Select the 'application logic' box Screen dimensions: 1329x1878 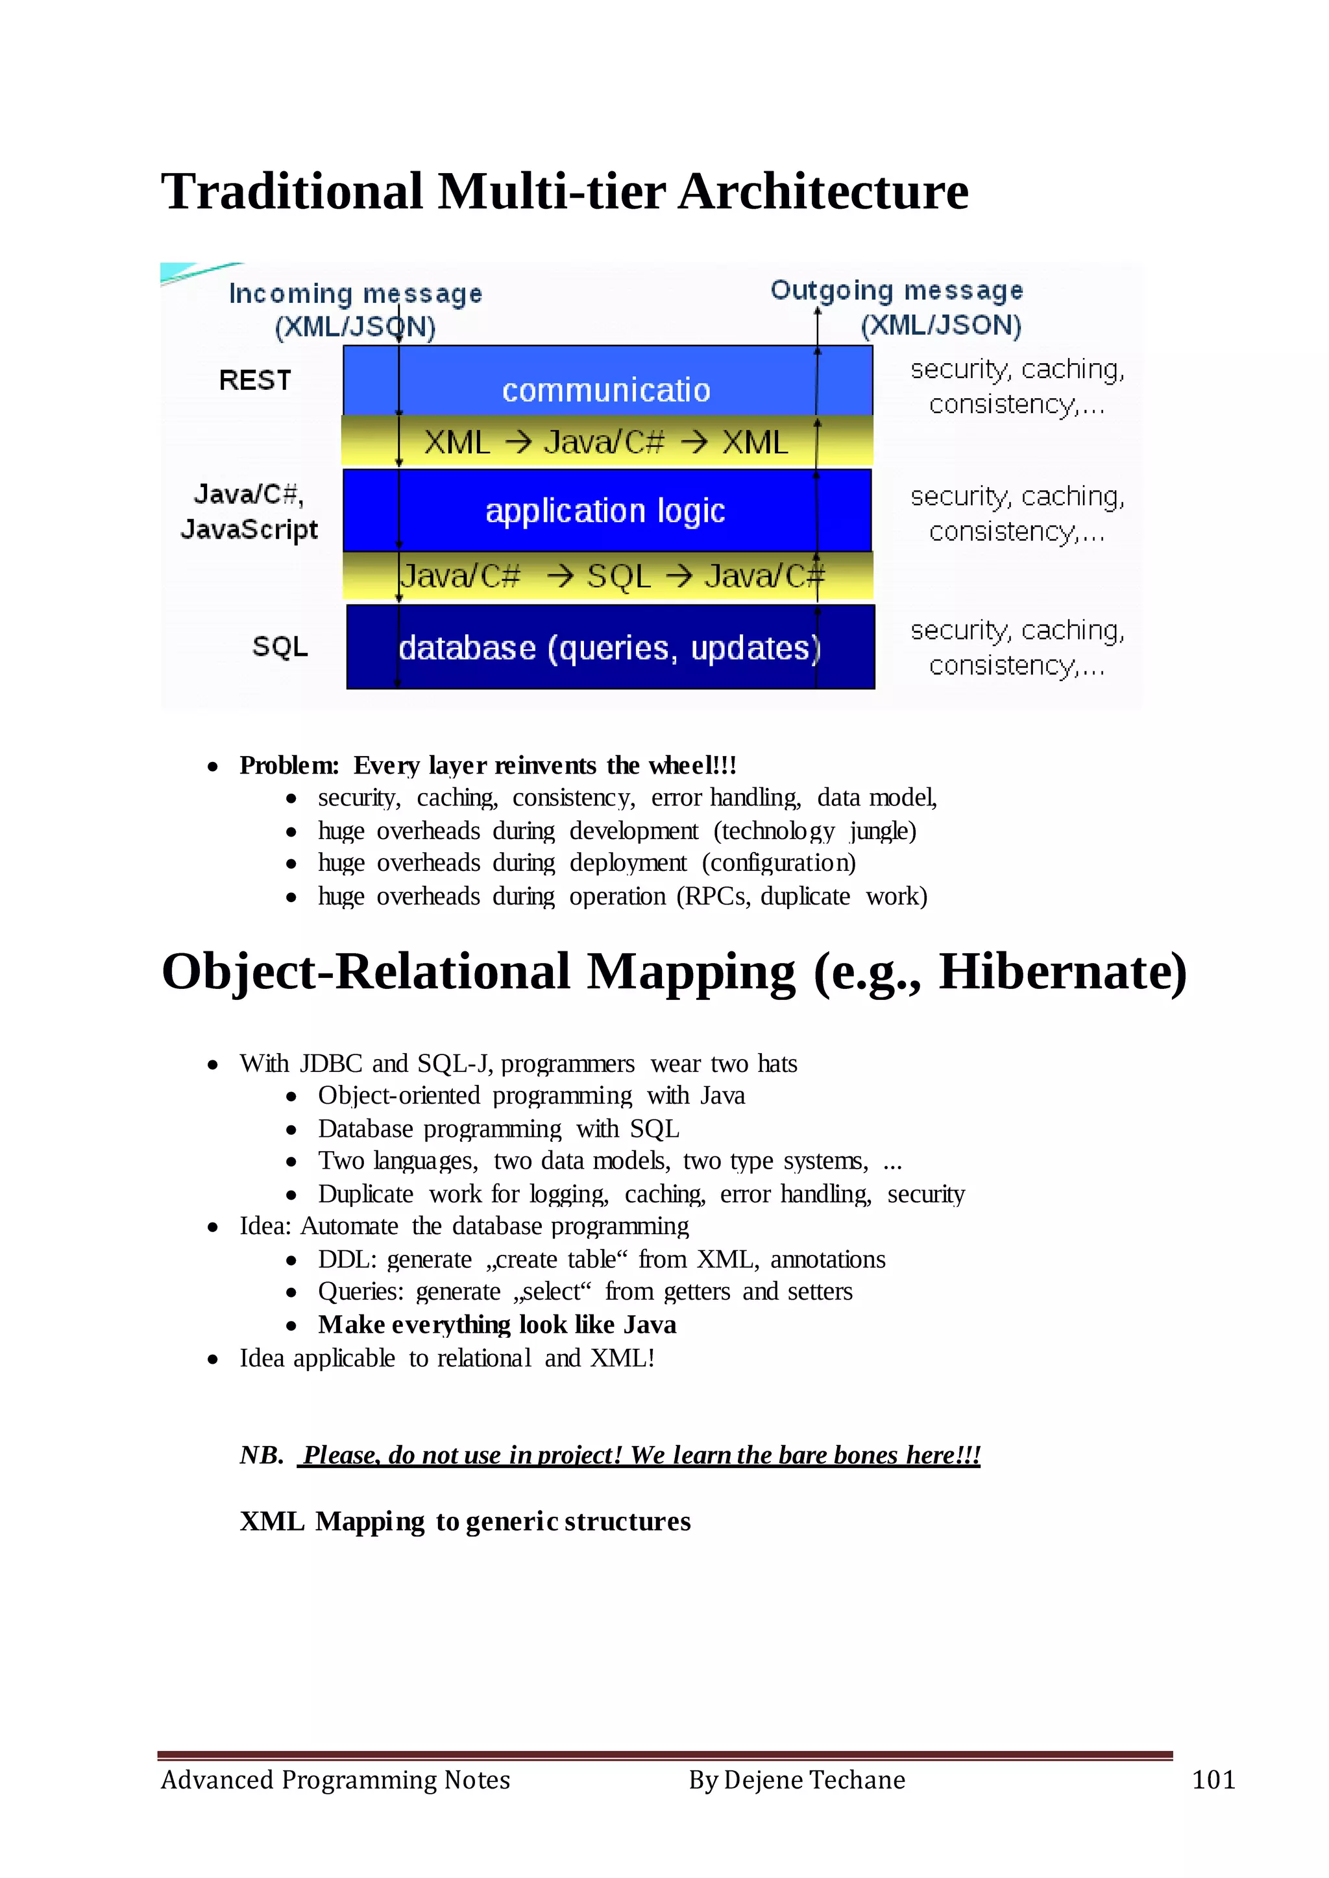click(605, 510)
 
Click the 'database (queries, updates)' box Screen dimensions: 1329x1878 click(610, 647)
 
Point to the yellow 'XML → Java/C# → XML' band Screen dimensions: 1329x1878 click(606, 442)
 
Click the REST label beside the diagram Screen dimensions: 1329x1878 click(254, 381)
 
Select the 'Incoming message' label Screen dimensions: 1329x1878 click(355, 293)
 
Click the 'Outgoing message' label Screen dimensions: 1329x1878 click(897, 291)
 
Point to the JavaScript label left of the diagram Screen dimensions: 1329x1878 click(249, 529)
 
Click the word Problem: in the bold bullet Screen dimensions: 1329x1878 click(289, 766)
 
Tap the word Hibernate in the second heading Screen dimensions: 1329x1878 click(1062, 973)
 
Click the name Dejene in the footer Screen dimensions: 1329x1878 click(764, 1780)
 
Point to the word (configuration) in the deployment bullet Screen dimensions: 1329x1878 click(779, 863)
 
